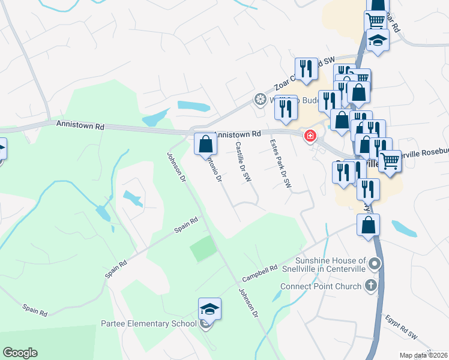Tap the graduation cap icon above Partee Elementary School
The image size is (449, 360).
(x=209, y=310)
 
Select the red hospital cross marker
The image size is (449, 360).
(x=310, y=136)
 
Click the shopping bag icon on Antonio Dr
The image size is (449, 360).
(x=205, y=145)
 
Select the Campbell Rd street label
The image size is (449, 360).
(x=260, y=275)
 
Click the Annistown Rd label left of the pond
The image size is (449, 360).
(x=80, y=125)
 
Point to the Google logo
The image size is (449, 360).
(x=20, y=353)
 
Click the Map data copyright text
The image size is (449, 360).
(x=424, y=355)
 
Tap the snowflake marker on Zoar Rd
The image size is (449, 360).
(x=260, y=99)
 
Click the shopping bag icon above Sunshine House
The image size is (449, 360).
(x=368, y=226)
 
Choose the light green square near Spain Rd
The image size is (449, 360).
(x=203, y=248)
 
